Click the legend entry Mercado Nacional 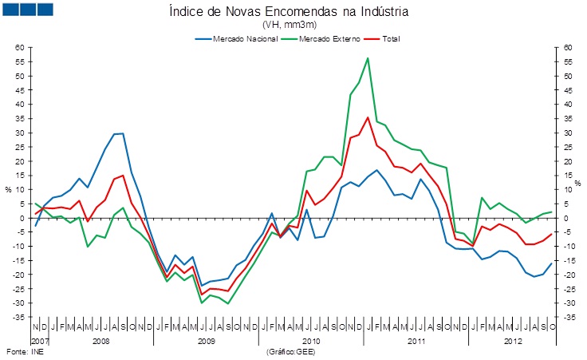point(240,38)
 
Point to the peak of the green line point(367,58)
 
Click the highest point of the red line point(368,117)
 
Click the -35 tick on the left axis point(20,318)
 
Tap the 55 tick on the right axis point(567,62)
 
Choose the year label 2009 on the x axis point(207,341)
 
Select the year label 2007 point(39,341)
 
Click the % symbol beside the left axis point(8,190)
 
